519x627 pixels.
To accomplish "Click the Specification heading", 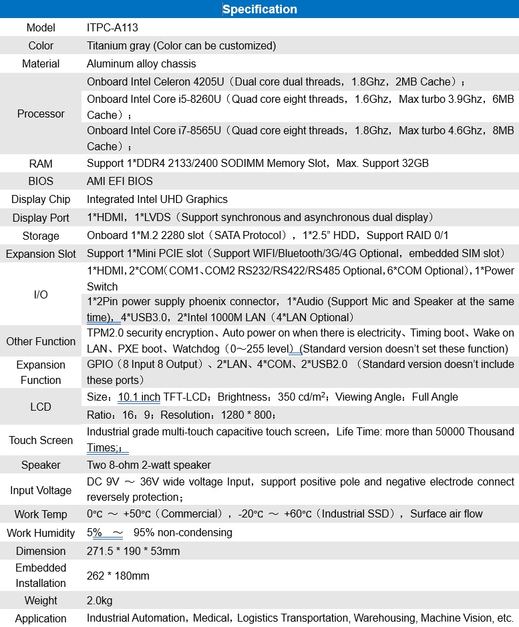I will [x=259, y=9].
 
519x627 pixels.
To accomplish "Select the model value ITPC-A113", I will [x=112, y=28].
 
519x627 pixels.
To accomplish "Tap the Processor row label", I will [x=41, y=114].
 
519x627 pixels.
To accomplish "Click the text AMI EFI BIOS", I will [x=120, y=182].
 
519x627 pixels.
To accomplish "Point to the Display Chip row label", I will [x=41, y=200].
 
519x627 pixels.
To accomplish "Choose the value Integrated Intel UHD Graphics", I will [x=157, y=200].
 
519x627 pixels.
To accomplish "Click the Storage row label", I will [x=41, y=236].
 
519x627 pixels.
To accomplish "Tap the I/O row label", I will [x=41, y=294].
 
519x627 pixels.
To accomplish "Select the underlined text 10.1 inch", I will [x=139, y=397].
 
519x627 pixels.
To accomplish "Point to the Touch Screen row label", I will [x=41, y=441].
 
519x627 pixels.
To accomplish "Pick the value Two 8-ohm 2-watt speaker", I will [x=148, y=465].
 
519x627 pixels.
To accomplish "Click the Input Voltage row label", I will [x=41, y=491].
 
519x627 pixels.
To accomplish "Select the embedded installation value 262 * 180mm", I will [x=118, y=576].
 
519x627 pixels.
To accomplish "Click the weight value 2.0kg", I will [x=100, y=601].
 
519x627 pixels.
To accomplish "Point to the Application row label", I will [x=41, y=619].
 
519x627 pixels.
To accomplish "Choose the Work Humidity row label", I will [x=41, y=534].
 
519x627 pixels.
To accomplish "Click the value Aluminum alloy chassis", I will [x=141, y=64].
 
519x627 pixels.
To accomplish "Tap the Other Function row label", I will [x=41, y=342].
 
